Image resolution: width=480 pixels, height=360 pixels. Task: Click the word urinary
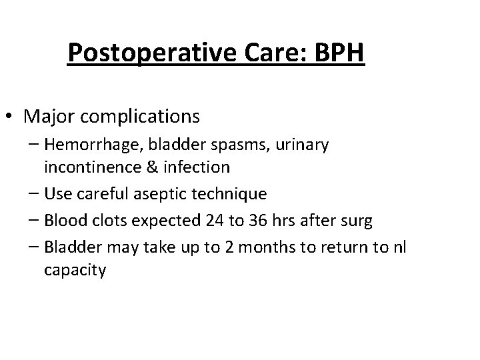(300, 145)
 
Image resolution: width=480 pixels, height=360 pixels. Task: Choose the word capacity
(75, 271)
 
